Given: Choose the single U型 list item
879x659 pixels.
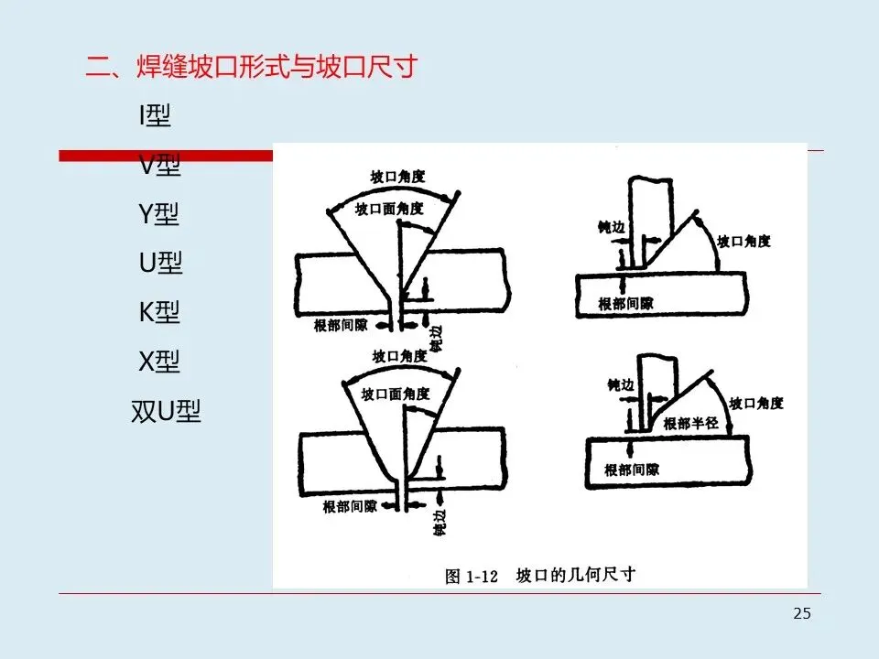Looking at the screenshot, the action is coord(161,264).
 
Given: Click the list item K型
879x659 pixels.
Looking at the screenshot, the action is coord(159,312).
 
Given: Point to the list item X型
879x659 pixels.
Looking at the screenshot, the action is coord(159,362).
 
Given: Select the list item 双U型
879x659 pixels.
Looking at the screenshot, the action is coord(166,411).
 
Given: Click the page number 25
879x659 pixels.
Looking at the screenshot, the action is coord(801,613).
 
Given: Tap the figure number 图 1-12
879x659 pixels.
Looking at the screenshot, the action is coord(471,576).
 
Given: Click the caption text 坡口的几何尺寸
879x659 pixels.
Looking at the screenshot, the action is coord(576,575).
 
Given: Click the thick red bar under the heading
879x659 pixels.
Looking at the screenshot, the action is coord(165,157).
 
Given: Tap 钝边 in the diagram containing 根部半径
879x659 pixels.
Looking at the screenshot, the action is coord(620,385).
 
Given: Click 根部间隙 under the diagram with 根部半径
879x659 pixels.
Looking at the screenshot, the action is coord(632,470).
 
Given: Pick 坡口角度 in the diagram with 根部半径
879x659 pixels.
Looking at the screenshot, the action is coord(756,403).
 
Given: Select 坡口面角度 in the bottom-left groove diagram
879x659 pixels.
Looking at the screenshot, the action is coord(396,394).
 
